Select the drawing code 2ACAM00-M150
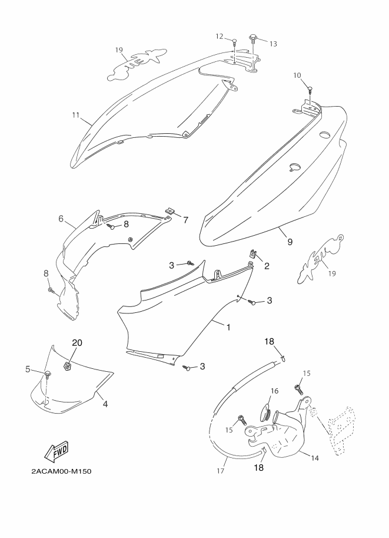pyautogui.click(x=61, y=471)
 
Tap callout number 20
pyautogui.click(x=78, y=343)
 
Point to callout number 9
pyautogui.click(x=290, y=240)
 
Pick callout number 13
pyautogui.click(x=273, y=44)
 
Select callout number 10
pyautogui.click(x=297, y=75)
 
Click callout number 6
pyautogui.click(x=61, y=219)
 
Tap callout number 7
pyautogui.click(x=185, y=220)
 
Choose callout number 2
pyautogui.click(x=267, y=266)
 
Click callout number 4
pyautogui.click(x=105, y=404)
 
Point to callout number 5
pyautogui.click(x=27, y=369)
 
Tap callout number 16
pyautogui.click(x=274, y=391)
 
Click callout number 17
pyautogui.click(x=221, y=471)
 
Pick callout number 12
pyautogui.click(x=219, y=37)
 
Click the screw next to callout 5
pyautogui.click(x=46, y=374)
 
